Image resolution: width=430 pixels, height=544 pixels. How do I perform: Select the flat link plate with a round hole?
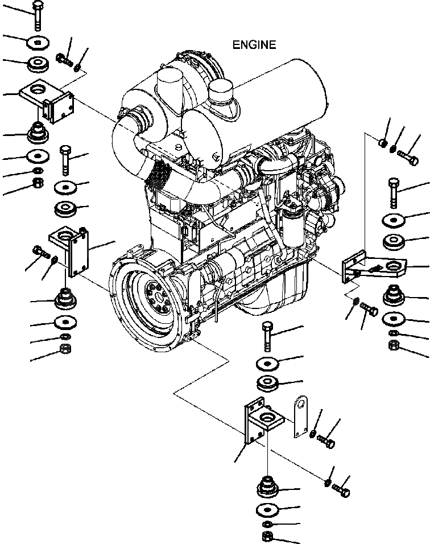(300, 417)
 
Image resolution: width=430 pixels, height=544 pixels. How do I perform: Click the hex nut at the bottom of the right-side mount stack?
(392, 345)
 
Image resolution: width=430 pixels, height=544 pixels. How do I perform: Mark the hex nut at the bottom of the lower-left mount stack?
(65, 348)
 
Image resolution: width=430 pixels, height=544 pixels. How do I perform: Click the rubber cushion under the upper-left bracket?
(38, 134)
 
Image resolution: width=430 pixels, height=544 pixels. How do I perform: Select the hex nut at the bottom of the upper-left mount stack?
(38, 183)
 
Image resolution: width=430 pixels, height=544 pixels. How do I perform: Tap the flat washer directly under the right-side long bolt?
(394, 220)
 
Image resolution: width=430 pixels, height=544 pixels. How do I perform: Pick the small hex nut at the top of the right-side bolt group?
(383, 141)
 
